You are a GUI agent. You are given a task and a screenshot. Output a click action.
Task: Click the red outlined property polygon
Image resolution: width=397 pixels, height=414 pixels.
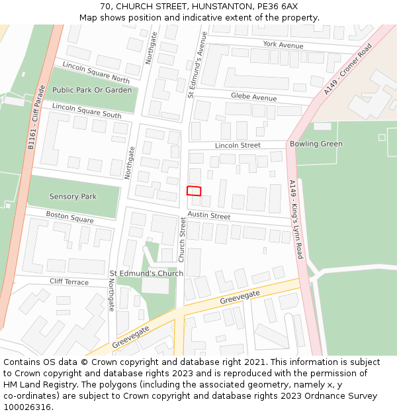194,191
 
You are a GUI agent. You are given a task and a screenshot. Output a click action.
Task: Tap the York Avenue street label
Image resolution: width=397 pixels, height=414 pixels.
283,45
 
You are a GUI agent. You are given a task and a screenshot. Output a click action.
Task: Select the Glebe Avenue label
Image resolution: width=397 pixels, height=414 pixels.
253,97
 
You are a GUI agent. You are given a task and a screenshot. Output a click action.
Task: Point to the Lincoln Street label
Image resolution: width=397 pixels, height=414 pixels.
238,145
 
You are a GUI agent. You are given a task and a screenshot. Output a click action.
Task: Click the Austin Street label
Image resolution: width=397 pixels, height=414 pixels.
208,216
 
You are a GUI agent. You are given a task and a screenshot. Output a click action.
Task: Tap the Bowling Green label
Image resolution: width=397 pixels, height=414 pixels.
316,144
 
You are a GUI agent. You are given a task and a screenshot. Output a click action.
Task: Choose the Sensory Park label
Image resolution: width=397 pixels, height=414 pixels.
73,197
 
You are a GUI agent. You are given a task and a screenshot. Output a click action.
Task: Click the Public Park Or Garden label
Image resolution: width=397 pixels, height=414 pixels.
92,90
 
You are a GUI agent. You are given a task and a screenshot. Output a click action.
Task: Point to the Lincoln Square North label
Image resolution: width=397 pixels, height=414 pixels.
96,73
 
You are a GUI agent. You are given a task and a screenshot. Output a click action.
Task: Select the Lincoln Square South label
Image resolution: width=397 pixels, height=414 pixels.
87,111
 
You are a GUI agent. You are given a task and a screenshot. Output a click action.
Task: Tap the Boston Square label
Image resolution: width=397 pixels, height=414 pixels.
69,217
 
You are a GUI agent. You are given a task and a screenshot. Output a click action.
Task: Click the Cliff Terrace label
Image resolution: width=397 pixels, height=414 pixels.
69,282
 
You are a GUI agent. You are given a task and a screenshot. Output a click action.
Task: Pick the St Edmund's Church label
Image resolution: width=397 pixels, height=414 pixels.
146,273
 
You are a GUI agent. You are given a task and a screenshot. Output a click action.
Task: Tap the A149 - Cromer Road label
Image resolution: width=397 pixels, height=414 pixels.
348,70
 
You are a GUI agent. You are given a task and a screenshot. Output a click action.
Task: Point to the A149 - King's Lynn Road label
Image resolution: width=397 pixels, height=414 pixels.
296,219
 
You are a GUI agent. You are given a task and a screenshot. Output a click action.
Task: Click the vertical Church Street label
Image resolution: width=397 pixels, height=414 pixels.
183,239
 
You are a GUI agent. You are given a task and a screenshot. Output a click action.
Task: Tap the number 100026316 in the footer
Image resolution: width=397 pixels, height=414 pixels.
27,407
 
